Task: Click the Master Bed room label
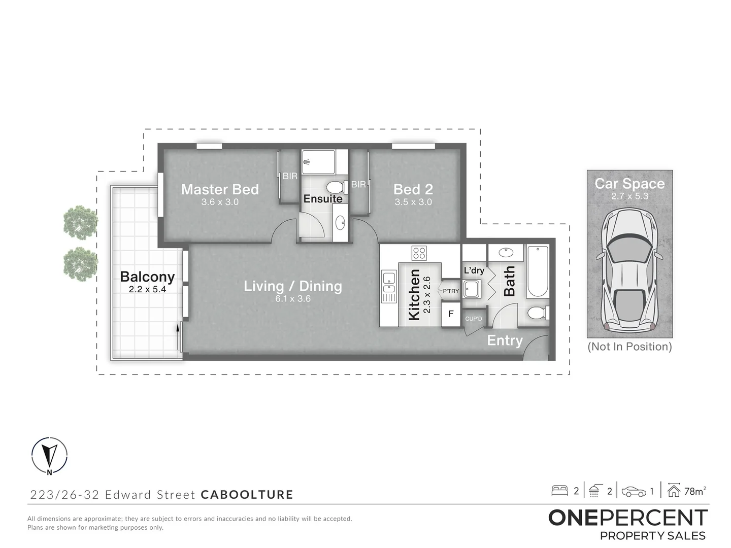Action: coord(220,189)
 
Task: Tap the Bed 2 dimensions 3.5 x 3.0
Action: coord(413,202)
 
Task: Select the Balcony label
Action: coord(147,277)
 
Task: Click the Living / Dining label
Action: coord(293,286)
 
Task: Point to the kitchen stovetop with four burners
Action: coord(419,253)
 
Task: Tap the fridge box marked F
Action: coord(450,314)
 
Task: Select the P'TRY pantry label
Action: coord(450,291)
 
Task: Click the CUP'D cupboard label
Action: coord(473,319)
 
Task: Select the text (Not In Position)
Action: coord(629,347)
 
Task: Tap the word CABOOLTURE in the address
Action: coord(247,494)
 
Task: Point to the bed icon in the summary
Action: coord(560,491)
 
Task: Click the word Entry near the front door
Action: coord(505,340)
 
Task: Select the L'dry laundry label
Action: coord(474,270)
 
